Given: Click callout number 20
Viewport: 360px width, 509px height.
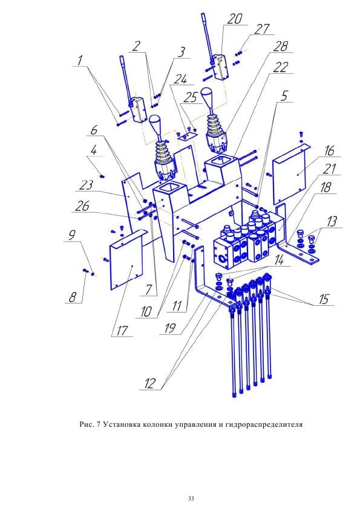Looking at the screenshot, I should tap(234, 19).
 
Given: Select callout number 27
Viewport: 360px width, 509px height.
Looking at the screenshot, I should tap(261, 30).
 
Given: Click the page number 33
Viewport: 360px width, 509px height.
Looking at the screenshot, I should tap(191, 499).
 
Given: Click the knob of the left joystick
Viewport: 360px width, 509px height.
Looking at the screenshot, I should tap(157, 125).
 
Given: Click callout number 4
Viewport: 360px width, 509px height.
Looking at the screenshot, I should tap(94, 149).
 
